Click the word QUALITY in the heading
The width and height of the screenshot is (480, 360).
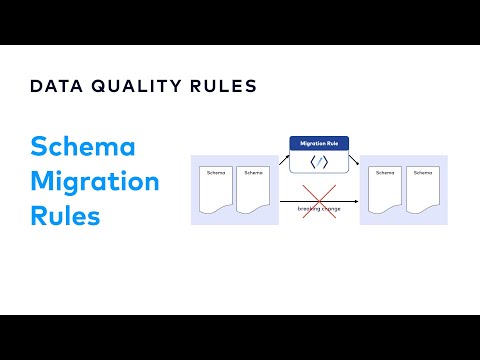tap(132, 86)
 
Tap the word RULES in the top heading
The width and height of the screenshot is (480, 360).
tap(221, 86)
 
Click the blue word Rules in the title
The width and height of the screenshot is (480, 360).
tap(66, 215)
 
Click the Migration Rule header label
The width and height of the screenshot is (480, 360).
tap(319, 144)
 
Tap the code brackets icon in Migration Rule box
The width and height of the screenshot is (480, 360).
tap(319, 162)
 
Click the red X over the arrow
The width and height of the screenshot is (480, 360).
tap(319, 199)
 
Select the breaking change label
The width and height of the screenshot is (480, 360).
tap(319, 208)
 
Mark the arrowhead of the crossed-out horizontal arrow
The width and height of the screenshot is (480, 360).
tap(357, 201)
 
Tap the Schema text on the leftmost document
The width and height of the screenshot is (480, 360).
tap(215, 173)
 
